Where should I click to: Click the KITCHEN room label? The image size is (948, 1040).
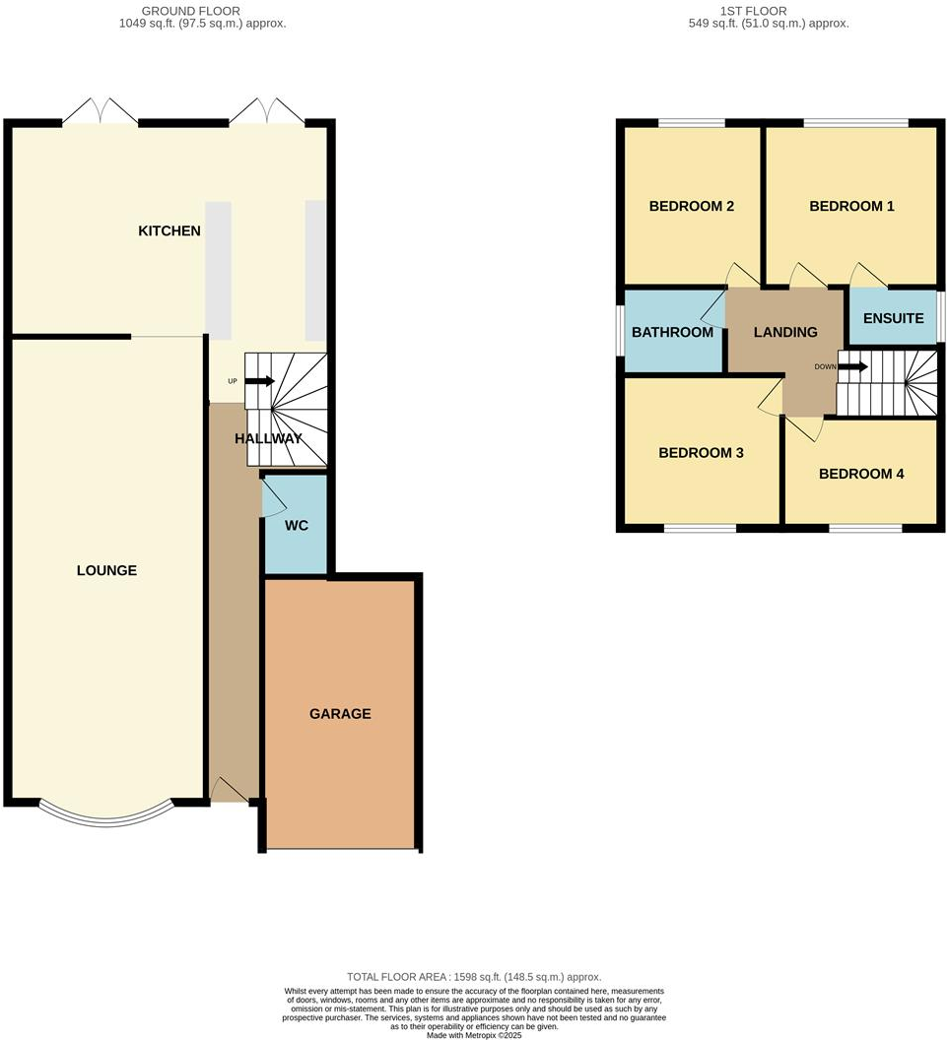169,231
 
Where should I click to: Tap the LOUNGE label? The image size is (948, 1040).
106,570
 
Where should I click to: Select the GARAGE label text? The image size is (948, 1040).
340,713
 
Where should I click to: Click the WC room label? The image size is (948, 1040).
297,526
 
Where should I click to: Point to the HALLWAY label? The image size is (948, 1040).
267,439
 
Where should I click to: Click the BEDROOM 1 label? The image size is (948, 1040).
851,207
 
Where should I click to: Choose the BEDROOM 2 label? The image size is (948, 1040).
691,207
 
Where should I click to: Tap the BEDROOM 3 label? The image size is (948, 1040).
701,453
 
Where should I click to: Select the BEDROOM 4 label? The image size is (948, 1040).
861,474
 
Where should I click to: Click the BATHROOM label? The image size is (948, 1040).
672,332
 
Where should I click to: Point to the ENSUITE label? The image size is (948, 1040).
893,318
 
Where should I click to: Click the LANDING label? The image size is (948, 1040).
785,332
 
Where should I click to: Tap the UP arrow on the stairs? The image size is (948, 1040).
259,380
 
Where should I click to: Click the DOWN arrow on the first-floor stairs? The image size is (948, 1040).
853,367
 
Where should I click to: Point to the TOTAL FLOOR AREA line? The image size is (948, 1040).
474,976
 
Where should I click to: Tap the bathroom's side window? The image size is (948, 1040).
621,332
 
